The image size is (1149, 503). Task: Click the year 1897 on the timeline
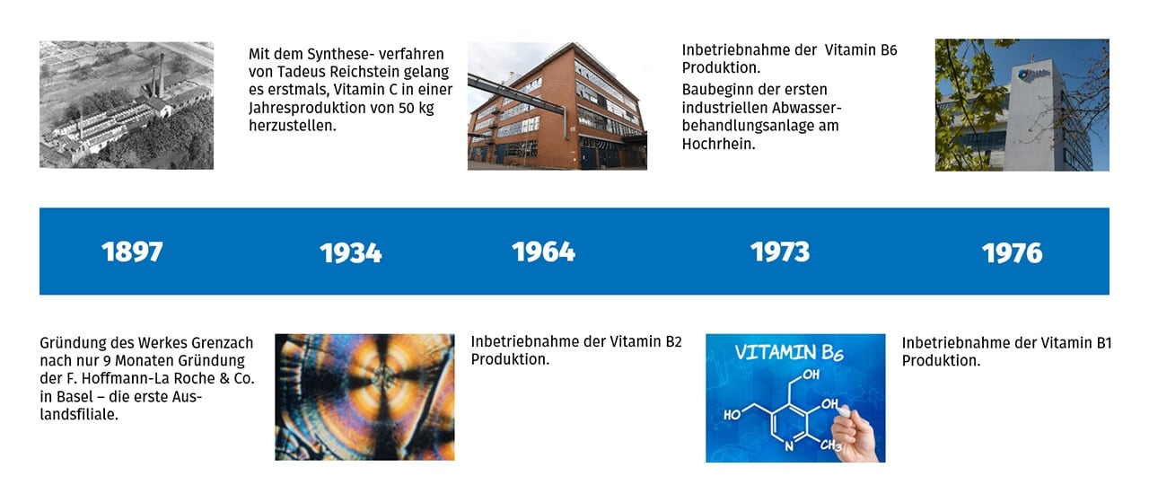[132, 251]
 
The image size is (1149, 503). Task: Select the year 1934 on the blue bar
[351, 253]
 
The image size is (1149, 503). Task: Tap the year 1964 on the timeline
[543, 251]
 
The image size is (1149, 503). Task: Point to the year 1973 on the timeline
[780, 251]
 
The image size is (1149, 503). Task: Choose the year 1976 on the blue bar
[1012, 253]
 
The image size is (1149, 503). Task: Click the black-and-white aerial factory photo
[127, 105]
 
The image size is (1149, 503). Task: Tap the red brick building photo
[557, 106]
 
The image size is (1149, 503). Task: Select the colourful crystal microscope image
[364, 397]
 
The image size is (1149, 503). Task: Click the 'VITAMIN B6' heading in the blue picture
[789, 353]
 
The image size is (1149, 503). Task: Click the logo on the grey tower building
[1032, 75]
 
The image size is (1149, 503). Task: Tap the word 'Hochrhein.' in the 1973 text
[719, 144]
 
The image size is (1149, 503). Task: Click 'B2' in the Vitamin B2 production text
[673, 341]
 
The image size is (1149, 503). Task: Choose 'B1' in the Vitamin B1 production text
[1103, 343]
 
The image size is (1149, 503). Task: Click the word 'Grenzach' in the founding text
[222, 342]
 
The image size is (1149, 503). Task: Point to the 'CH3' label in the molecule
[831, 445]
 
